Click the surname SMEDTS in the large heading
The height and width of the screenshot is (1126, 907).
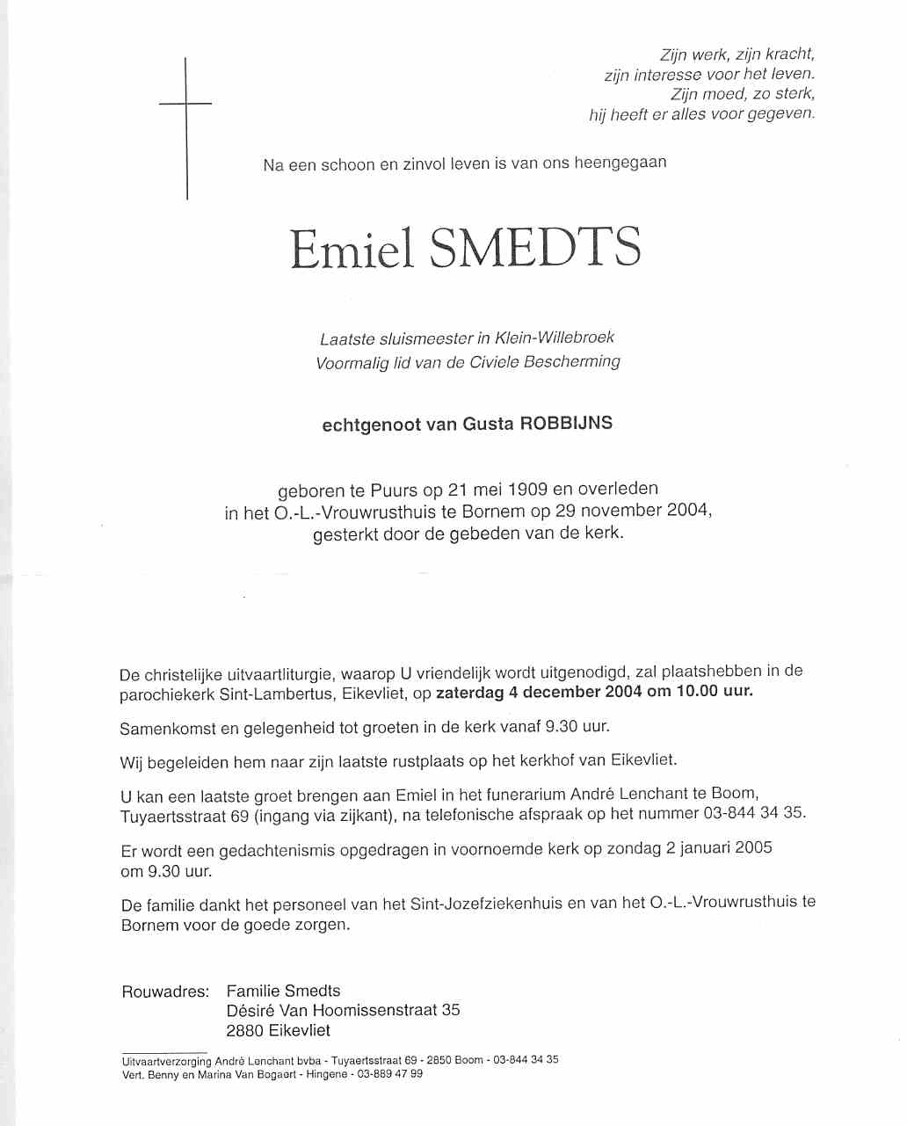click(x=534, y=248)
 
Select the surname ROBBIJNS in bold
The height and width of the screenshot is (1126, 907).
click(x=566, y=423)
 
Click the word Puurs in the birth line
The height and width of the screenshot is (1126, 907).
click(x=394, y=490)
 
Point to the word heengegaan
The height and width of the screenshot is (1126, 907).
click(x=620, y=163)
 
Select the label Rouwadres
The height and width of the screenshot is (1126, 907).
click(x=165, y=992)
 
